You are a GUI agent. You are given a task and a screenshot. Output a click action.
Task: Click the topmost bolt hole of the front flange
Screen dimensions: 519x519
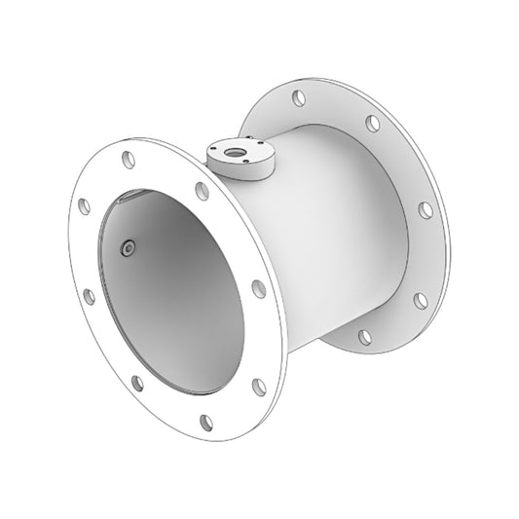click(127, 158)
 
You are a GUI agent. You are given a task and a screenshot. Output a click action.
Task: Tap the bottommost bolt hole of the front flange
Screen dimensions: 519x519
click(206, 422)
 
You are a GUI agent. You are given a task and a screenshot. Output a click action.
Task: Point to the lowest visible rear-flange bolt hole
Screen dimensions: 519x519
click(364, 337)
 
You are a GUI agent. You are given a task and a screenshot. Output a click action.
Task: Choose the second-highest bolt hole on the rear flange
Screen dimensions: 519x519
click(372, 124)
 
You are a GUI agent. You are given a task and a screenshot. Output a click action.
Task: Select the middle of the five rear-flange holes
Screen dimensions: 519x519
click(426, 209)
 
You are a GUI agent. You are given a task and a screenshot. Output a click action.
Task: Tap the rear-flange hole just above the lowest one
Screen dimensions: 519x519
click(421, 300)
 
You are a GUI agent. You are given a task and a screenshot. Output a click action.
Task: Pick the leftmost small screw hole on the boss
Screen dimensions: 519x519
click(214, 148)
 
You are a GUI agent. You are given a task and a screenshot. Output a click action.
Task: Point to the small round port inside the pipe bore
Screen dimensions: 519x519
click(128, 249)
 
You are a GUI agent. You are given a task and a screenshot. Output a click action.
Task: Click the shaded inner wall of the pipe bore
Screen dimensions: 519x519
click(185, 292)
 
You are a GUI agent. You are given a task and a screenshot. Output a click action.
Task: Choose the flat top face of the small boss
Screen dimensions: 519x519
click(249, 146)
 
